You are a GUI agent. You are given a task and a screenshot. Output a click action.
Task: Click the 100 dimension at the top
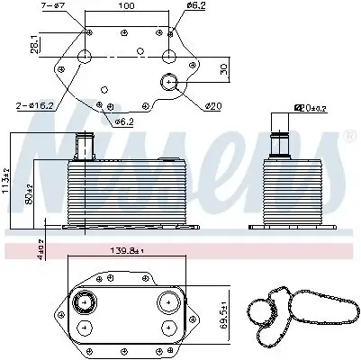coord(126,6)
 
